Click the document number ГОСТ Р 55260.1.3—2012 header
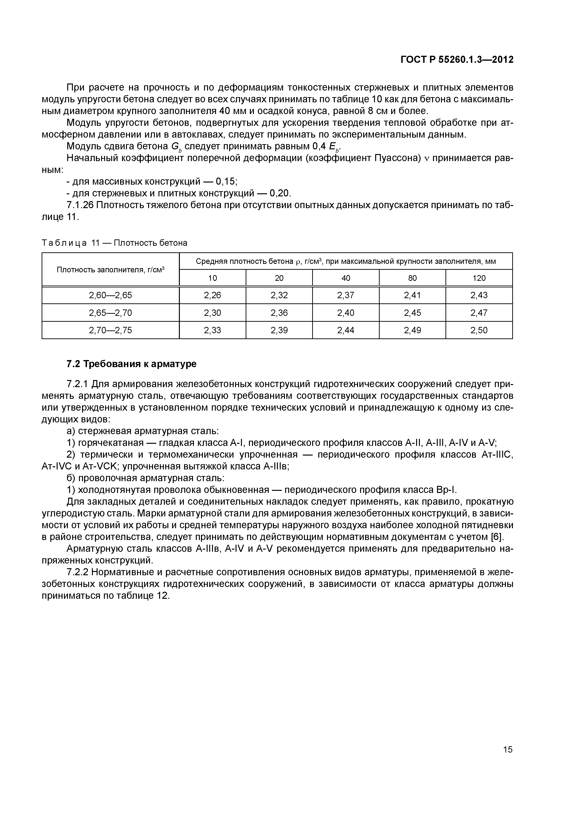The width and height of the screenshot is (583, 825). click(457, 60)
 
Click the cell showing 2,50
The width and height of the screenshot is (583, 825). click(479, 330)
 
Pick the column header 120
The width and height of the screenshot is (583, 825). click(479, 278)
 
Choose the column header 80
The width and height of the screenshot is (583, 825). click(412, 278)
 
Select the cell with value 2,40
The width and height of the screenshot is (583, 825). click(346, 313)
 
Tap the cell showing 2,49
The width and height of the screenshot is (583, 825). click(412, 330)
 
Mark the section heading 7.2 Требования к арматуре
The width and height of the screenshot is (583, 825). click(131, 364)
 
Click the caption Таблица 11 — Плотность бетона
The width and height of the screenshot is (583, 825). click(114, 243)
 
